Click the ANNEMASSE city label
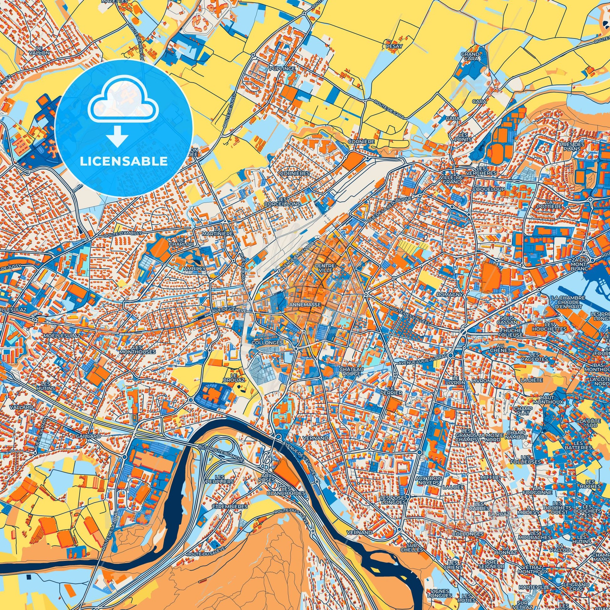click(x=305, y=305)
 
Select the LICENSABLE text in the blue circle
click(x=124, y=161)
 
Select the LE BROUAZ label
click(x=237, y=378)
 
